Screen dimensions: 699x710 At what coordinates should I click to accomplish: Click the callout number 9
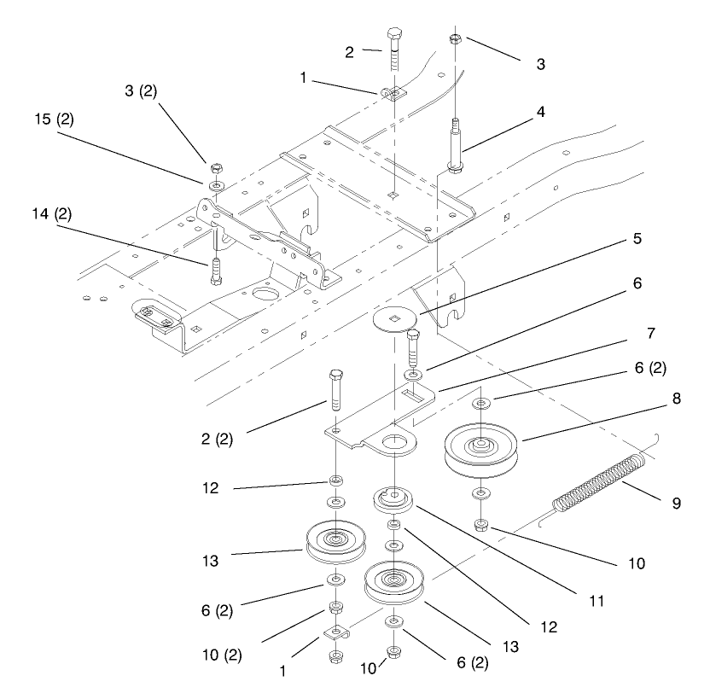[x=676, y=503]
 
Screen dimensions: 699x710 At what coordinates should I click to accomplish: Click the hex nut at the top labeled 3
[x=455, y=39]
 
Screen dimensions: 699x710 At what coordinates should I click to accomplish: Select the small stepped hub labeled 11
[x=394, y=499]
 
